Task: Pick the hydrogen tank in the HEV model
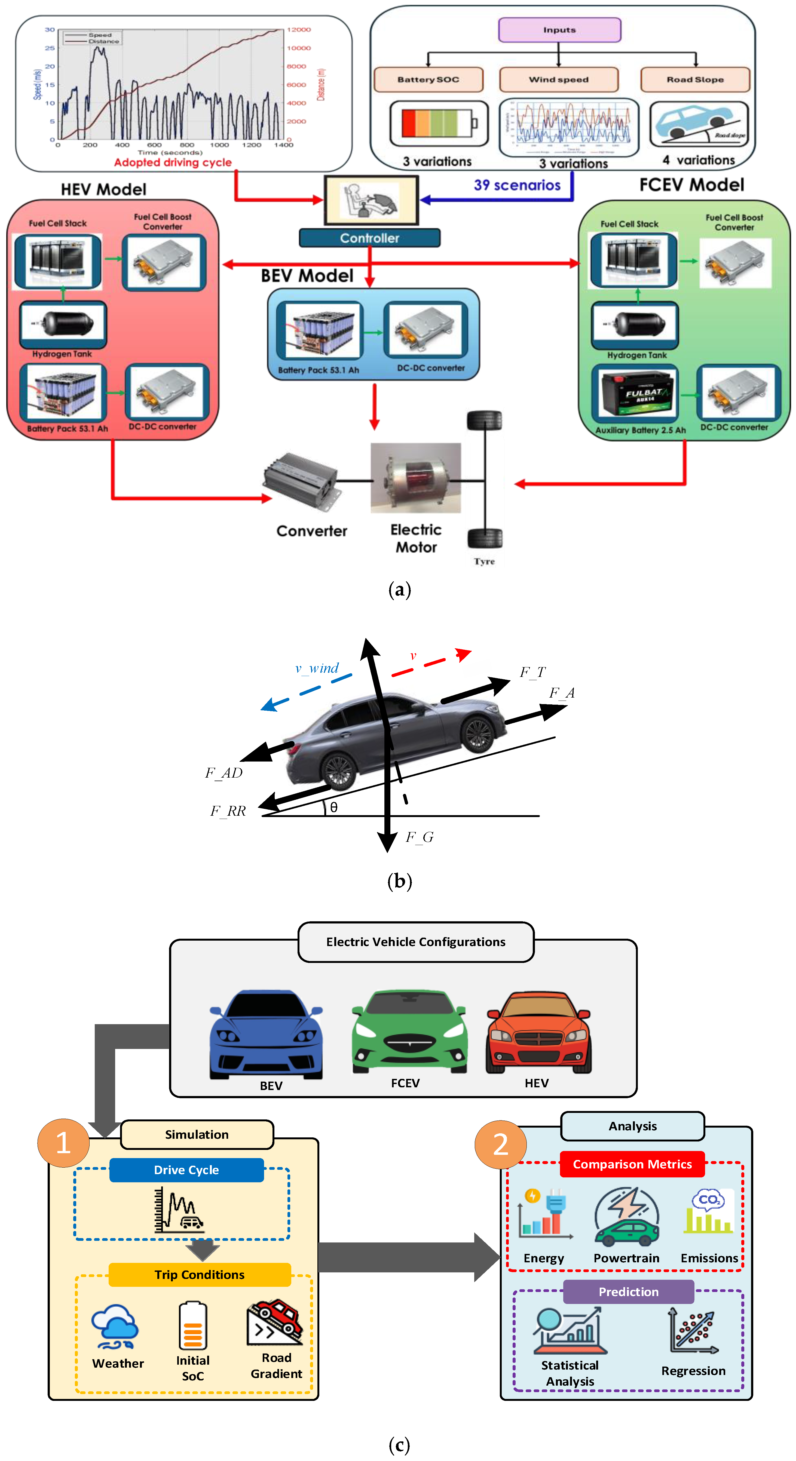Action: coord(63,323)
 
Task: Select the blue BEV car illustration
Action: coord(266,1034)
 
